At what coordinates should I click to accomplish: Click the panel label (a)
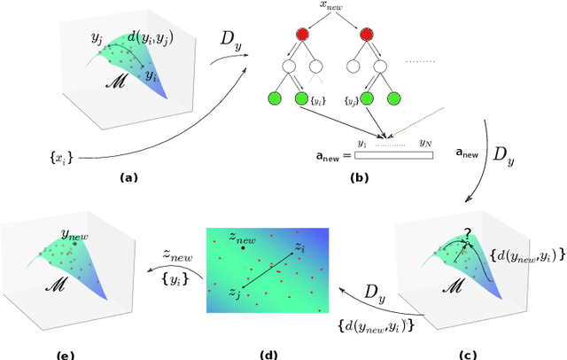(129, 177)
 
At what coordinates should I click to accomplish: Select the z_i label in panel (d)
(300, 245)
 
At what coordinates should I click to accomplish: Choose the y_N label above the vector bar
(424, 142)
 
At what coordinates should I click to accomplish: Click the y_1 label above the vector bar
(362, 142)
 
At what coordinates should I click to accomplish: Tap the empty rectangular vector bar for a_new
(393, 154)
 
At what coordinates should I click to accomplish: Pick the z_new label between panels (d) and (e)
(176, 254)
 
